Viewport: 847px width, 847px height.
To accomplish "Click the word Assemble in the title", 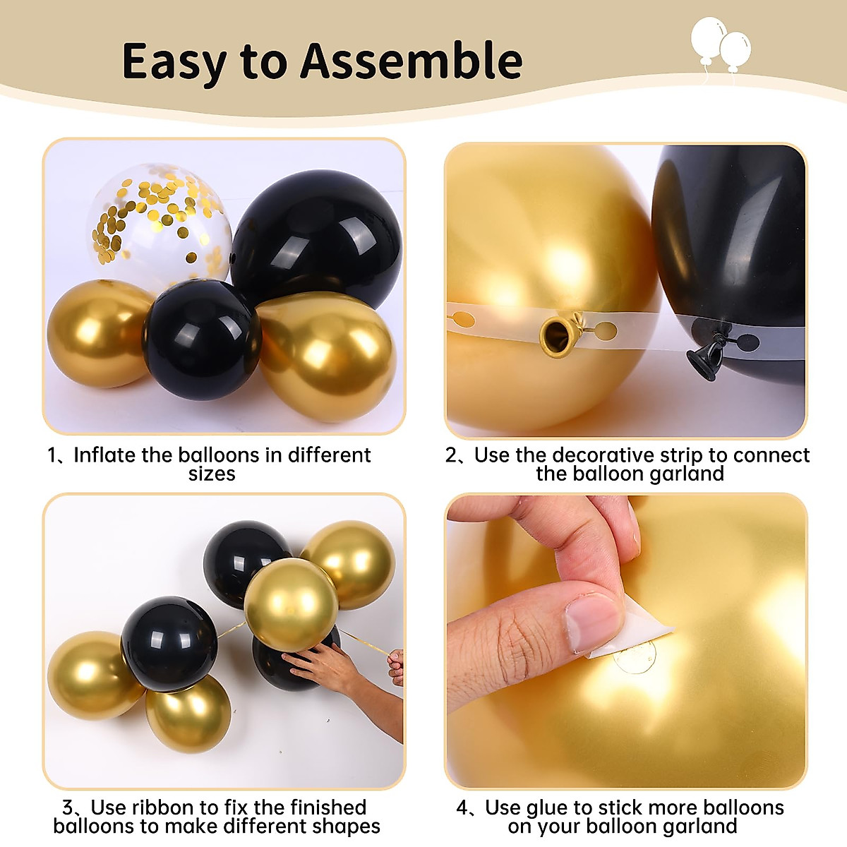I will coord(412,61).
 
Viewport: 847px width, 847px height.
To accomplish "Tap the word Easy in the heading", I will coord(173,62).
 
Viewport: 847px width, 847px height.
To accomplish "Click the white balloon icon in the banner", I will coord(720,45).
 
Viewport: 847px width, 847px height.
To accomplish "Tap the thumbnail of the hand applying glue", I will coord(626,641).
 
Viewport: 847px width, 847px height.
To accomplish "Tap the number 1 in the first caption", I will coord(54,455).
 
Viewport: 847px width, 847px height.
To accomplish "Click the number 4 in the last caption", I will coord(462,807).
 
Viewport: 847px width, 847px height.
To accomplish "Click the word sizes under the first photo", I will coord(212,474).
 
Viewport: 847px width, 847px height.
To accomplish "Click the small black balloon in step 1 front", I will coord(203,339).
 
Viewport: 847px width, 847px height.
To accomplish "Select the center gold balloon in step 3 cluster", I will coord(291,603).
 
